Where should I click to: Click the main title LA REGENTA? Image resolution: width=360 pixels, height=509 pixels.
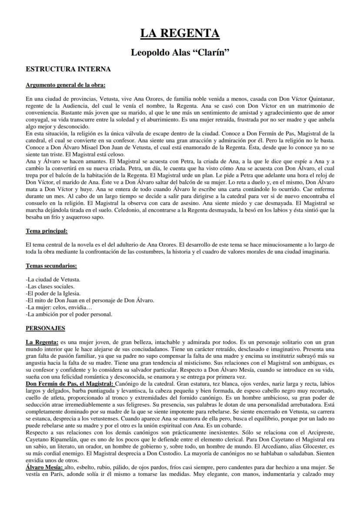[x=180, y=33]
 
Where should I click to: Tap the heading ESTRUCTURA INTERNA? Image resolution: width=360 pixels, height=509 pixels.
[x=68, y=69]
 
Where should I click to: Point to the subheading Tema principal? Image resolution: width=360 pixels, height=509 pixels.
[x=47, y=231]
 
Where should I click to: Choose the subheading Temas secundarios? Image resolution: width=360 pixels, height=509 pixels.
[x=51, y=265]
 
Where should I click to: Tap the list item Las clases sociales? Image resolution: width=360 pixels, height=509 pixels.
[x=50, y=286]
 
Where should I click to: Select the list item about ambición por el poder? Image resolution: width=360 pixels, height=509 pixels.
[x=69, y=314]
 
